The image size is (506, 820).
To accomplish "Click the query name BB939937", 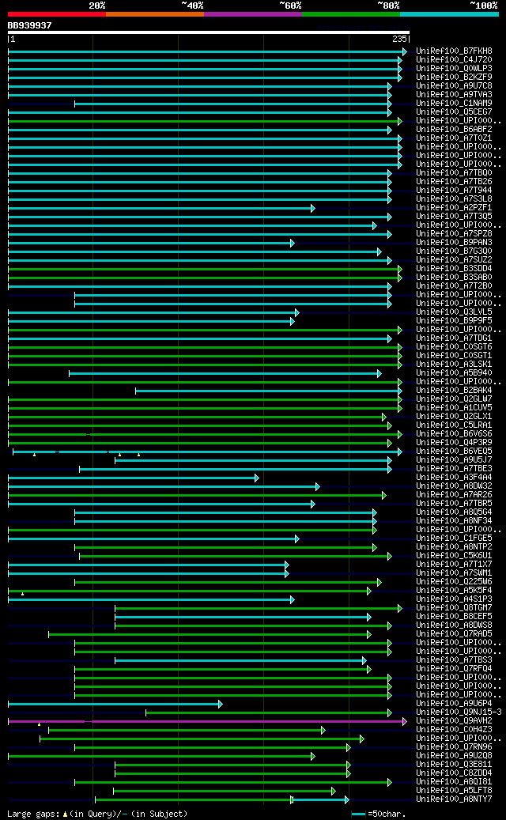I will click(30, 25).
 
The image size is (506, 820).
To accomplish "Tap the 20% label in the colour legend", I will click(97, 6).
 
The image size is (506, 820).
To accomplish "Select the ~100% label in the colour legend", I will click(484, 6).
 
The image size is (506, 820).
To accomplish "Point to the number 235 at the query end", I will click(398, 39).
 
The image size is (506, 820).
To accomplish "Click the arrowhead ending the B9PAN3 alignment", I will click(292, 243).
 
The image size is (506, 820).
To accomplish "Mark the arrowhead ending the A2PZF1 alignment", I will click(312, 208).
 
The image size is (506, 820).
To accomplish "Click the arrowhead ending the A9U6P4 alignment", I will click(220, 704).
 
